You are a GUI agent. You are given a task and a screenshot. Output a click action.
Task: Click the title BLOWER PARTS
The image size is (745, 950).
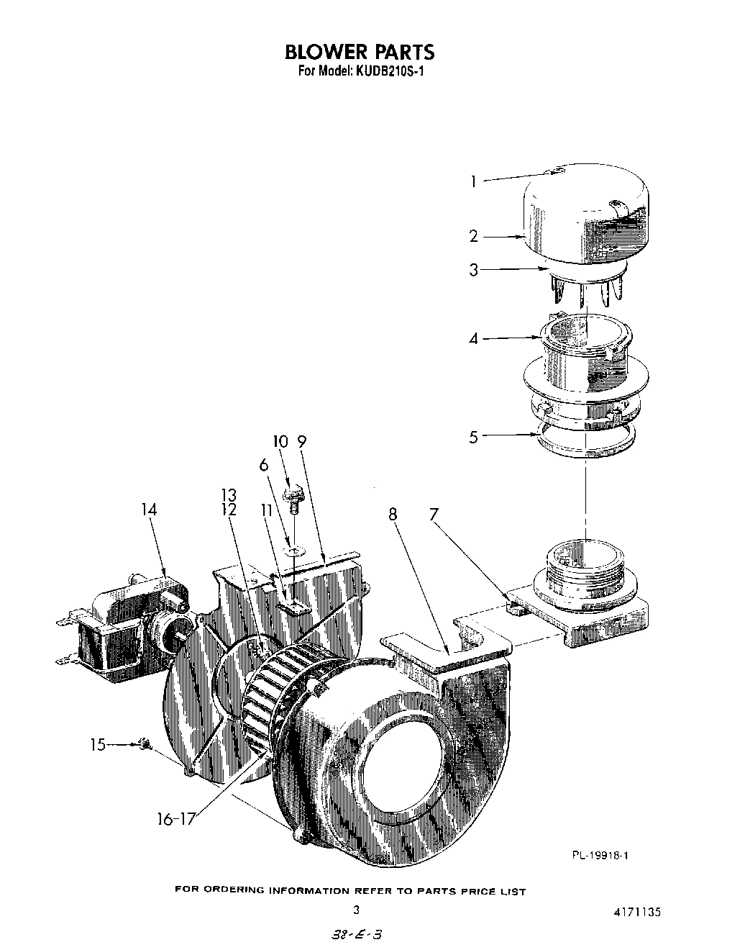coord(360,52)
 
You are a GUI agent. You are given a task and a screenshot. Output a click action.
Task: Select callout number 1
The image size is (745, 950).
coord(473,181)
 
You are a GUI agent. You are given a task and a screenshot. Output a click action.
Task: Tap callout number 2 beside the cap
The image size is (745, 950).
coord(473,236)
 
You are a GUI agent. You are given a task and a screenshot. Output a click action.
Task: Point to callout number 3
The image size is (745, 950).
coord(473,271)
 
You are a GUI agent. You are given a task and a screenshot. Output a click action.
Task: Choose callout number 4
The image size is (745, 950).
coord(473,338)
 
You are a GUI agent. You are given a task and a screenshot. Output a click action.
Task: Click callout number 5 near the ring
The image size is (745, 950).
coord(473,437)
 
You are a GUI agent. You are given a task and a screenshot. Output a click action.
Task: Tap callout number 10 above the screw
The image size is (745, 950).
coord(280,441)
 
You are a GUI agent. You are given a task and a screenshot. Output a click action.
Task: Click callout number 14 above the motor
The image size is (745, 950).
coord(149,510)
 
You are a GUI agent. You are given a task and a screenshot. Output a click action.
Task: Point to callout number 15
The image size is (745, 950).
coord(97,745)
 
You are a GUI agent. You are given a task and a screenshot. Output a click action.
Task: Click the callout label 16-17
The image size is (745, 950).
coord(175,819)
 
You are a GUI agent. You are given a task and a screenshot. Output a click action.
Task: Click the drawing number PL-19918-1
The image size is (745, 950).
coord(601,855)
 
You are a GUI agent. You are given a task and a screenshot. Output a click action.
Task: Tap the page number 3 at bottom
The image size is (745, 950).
coord(355,910)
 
